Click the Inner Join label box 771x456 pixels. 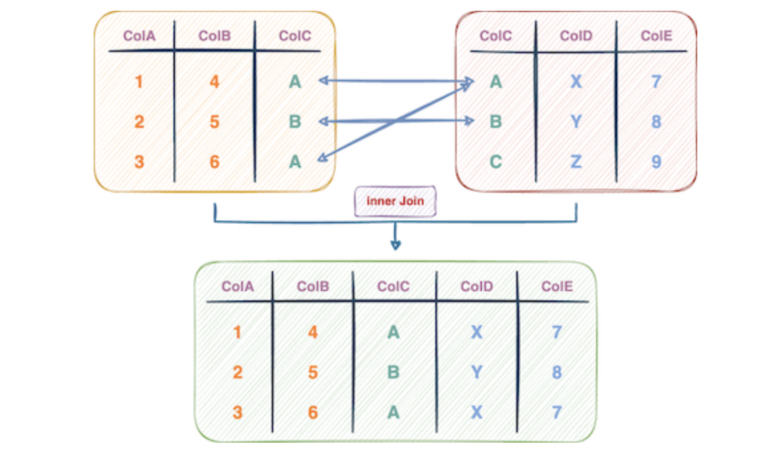395,201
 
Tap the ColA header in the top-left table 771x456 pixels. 139,36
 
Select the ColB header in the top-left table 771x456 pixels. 214,36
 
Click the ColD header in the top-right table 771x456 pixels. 576,36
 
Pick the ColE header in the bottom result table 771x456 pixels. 557,286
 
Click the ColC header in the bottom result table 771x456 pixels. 393,286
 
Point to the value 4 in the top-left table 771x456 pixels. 214,81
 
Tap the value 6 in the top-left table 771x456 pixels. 214,162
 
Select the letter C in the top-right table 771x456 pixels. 495,162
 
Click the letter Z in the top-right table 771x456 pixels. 576,162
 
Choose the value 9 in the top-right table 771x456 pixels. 656,162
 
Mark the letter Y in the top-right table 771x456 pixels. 576,122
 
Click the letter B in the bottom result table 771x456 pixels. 393,372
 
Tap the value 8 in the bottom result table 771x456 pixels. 557,372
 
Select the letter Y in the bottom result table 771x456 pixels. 476,372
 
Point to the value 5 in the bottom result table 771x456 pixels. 313,372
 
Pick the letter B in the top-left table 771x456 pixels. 295,122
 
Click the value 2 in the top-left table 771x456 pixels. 139,122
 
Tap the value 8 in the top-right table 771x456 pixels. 656,122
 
